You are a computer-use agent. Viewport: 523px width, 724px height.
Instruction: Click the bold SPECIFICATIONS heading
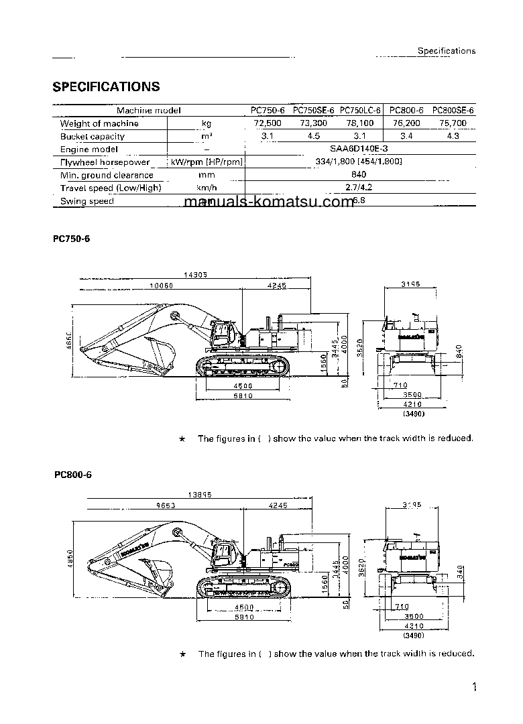[106, 86]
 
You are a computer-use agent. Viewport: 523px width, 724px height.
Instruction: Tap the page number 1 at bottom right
[474, 687]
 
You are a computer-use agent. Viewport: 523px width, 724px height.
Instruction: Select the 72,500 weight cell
[268, 123]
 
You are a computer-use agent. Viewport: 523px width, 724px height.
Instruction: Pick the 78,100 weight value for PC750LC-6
[360, 123]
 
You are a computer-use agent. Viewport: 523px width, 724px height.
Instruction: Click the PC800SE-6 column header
[453, 110]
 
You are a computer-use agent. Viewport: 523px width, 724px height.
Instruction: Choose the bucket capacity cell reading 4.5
[314, 136]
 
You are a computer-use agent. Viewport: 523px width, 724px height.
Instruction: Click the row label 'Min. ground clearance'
[107, 175]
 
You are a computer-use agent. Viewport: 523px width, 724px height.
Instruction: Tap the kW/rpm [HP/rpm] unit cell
[206, 162]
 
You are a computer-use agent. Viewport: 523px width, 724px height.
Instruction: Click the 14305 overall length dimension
[194, 274]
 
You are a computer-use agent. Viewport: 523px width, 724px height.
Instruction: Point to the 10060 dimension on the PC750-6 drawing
[161, 285]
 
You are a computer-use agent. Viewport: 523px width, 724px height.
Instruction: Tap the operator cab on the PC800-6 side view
[226, 554]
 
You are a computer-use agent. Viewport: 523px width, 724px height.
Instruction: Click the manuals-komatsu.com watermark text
[268, 202]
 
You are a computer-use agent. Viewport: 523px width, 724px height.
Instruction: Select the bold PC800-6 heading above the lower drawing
[72, 475]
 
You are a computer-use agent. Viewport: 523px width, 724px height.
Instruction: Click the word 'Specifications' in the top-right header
[446, 50]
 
